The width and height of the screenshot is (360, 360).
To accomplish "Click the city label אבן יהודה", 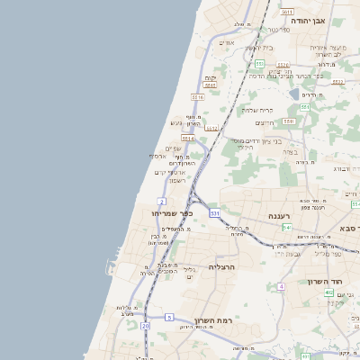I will point(328,20).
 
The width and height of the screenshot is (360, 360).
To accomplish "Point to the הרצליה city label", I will point(221,267).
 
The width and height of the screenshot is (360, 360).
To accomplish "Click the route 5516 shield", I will point(198,96).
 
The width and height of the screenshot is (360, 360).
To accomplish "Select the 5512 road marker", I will point(211,128).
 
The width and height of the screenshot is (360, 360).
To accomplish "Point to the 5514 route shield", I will point(188,139).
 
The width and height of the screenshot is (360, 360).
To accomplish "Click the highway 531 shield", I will point(215,213).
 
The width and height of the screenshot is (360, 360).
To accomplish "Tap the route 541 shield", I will point(286,228).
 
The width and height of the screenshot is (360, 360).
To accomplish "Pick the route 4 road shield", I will point(281,286).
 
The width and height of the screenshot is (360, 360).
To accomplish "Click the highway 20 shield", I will point(146,326).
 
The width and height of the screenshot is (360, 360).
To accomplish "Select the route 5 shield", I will point(169,317).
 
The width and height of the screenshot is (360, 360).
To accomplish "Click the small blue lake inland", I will point(294,94).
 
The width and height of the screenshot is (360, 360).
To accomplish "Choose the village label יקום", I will point(211,78).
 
